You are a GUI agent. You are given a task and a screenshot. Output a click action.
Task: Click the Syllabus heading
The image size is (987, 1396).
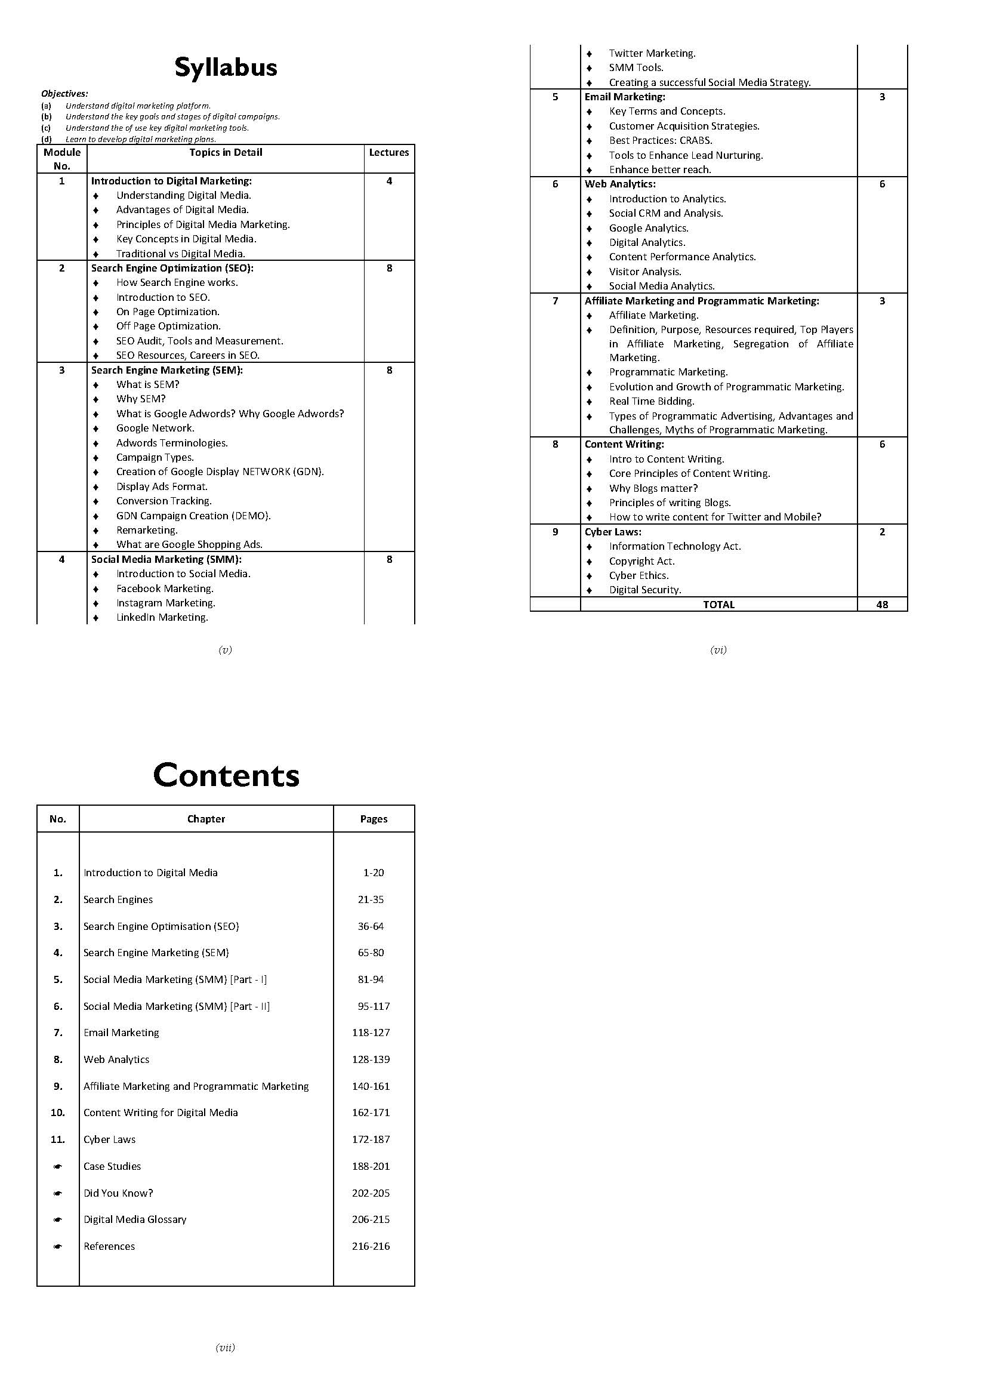pyautogui.click(x=226, y=67)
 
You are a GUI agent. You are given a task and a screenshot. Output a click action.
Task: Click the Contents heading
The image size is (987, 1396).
pyautogui.click(x=226, y=775)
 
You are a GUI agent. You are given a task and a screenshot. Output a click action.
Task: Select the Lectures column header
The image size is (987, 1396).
pyautogui.click(x=389, y=153)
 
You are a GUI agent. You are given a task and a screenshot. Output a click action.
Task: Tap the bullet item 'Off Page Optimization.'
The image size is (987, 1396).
pyautogui.click(x=168, y=326)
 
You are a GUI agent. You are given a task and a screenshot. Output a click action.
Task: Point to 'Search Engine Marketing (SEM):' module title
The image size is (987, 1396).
pyautogui.click(x=166, y=370)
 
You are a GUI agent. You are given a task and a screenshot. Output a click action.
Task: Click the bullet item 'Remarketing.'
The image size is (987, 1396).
pyautogui.click(x=147, y=530)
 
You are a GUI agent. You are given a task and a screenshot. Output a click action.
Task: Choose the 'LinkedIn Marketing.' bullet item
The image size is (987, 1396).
pyautogui.click(x=162, y=618)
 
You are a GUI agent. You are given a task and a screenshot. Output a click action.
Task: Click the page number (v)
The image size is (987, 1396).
pyautogui.click(x=225, y=650)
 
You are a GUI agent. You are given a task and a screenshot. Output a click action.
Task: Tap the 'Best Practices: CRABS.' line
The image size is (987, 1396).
pyautogui.click(x=661, y=140)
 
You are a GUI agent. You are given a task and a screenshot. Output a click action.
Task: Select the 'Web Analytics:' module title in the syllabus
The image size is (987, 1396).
pyautogui.click(x=620, y=184)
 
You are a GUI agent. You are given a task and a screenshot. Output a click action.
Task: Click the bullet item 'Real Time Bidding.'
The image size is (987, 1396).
pyautogui.click(x=652, y=401)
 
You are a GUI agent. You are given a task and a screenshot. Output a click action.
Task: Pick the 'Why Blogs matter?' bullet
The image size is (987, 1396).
pyautogui.click(x=653, y=488)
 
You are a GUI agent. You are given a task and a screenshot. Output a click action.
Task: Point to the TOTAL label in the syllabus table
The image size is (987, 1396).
pyautogui.click(x=718, y=605)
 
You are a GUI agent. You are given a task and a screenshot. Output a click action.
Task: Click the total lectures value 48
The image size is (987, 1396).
pyautogui.click(x=882, y=605)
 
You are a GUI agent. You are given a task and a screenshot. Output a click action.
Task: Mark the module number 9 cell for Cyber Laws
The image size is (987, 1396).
pyautogui.click(x=555, y=532)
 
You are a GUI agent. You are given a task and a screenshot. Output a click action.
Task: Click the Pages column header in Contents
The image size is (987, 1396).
pyautogui.click(x=373, y=819)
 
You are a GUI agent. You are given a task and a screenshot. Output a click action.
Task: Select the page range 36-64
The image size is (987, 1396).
pyautogui.click(x=371, y=926)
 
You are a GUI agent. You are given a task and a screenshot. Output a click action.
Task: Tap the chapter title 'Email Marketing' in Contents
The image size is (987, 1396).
pyautogui.click(x=121, y=1033)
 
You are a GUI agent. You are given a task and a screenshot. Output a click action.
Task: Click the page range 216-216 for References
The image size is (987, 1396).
pyautogui.click(x=371, y=1246)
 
